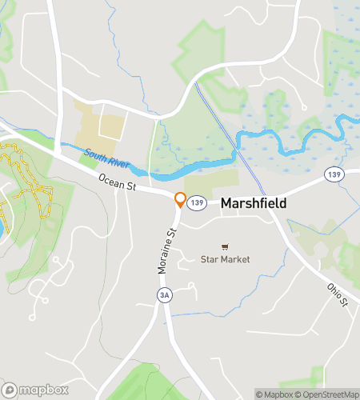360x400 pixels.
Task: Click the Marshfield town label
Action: (x=254, y=204)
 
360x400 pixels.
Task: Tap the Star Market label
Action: (x=225, y=259)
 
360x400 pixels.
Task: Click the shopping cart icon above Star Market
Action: (x=226, y=246)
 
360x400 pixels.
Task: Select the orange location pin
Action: (x=181, y=200)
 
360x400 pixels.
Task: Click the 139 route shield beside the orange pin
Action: (x=198, y=203)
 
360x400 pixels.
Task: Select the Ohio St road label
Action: (x=338, y=294)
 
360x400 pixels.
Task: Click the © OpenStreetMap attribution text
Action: (x=324, y=394)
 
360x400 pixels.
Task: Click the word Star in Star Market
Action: (x=210, y=259)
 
